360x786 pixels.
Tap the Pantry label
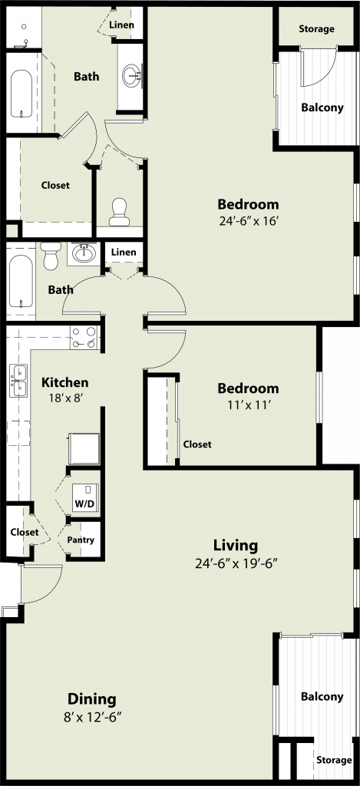pos(81,540)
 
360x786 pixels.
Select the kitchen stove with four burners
pos(84,338)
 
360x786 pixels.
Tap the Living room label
pos(236,545)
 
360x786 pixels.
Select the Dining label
pos(92,698)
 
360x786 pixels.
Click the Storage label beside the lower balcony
pos(334,760)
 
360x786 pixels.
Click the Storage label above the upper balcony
pos(317,28)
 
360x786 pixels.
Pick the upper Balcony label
pos(322,107)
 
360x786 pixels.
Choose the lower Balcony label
pos(322,696)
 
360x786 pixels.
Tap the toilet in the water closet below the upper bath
pos(119,212)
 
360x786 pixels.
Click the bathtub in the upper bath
pos(21,94)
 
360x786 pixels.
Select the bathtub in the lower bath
pos(21,282)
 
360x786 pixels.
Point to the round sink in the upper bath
pos(132,76)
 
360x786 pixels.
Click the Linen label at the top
pos(122,25)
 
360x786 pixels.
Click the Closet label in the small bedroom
pos(197,444)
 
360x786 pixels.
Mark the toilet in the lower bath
pos(51,256)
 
